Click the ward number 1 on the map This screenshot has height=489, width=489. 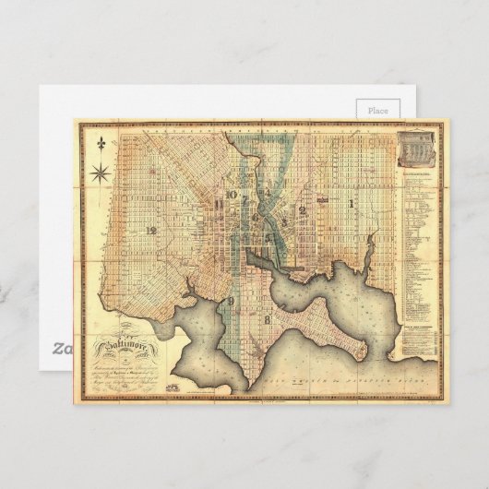pos(351,201)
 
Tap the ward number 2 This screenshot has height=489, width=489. pos(303,210)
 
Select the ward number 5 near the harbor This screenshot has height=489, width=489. pos(269,237)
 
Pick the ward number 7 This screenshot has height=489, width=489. pos(244,198)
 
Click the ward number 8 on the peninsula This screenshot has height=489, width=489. pos(267,319)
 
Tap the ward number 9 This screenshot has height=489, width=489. pos(231,302)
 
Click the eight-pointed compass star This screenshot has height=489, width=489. pos(99,171)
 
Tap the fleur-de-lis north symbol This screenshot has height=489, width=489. pos(99,144)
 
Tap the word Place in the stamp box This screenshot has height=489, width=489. pos(378,110)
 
